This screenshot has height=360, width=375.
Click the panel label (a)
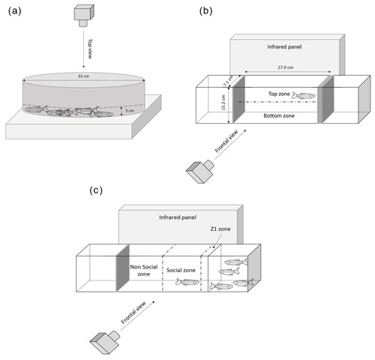click(14, 11)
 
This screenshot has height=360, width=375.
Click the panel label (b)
click(205, 11)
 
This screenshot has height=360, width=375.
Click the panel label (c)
click(96, 190)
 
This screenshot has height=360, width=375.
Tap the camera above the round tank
click(84, 16)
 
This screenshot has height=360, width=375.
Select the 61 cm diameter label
click(84, 76)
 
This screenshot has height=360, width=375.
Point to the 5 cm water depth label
click(130, 110)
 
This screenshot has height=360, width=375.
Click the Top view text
click(90, 49)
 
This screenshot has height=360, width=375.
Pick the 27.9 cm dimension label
click(286, 67)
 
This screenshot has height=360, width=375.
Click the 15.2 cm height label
click(223, 102)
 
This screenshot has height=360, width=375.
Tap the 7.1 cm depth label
click(228, 81)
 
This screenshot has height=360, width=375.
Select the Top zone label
click(279, 94)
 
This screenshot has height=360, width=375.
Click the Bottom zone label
click(279, 115)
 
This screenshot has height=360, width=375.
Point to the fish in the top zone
click(304, 95)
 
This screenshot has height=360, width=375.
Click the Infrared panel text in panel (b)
click(284, 46)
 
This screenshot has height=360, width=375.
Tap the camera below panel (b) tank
click(200, 170)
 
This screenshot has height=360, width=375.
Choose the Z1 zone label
click(220, 229)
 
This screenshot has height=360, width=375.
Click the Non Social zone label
click(144, 271)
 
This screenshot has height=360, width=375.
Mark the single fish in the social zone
click(187, 282)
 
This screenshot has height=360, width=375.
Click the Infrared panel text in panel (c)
click(178, 217)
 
